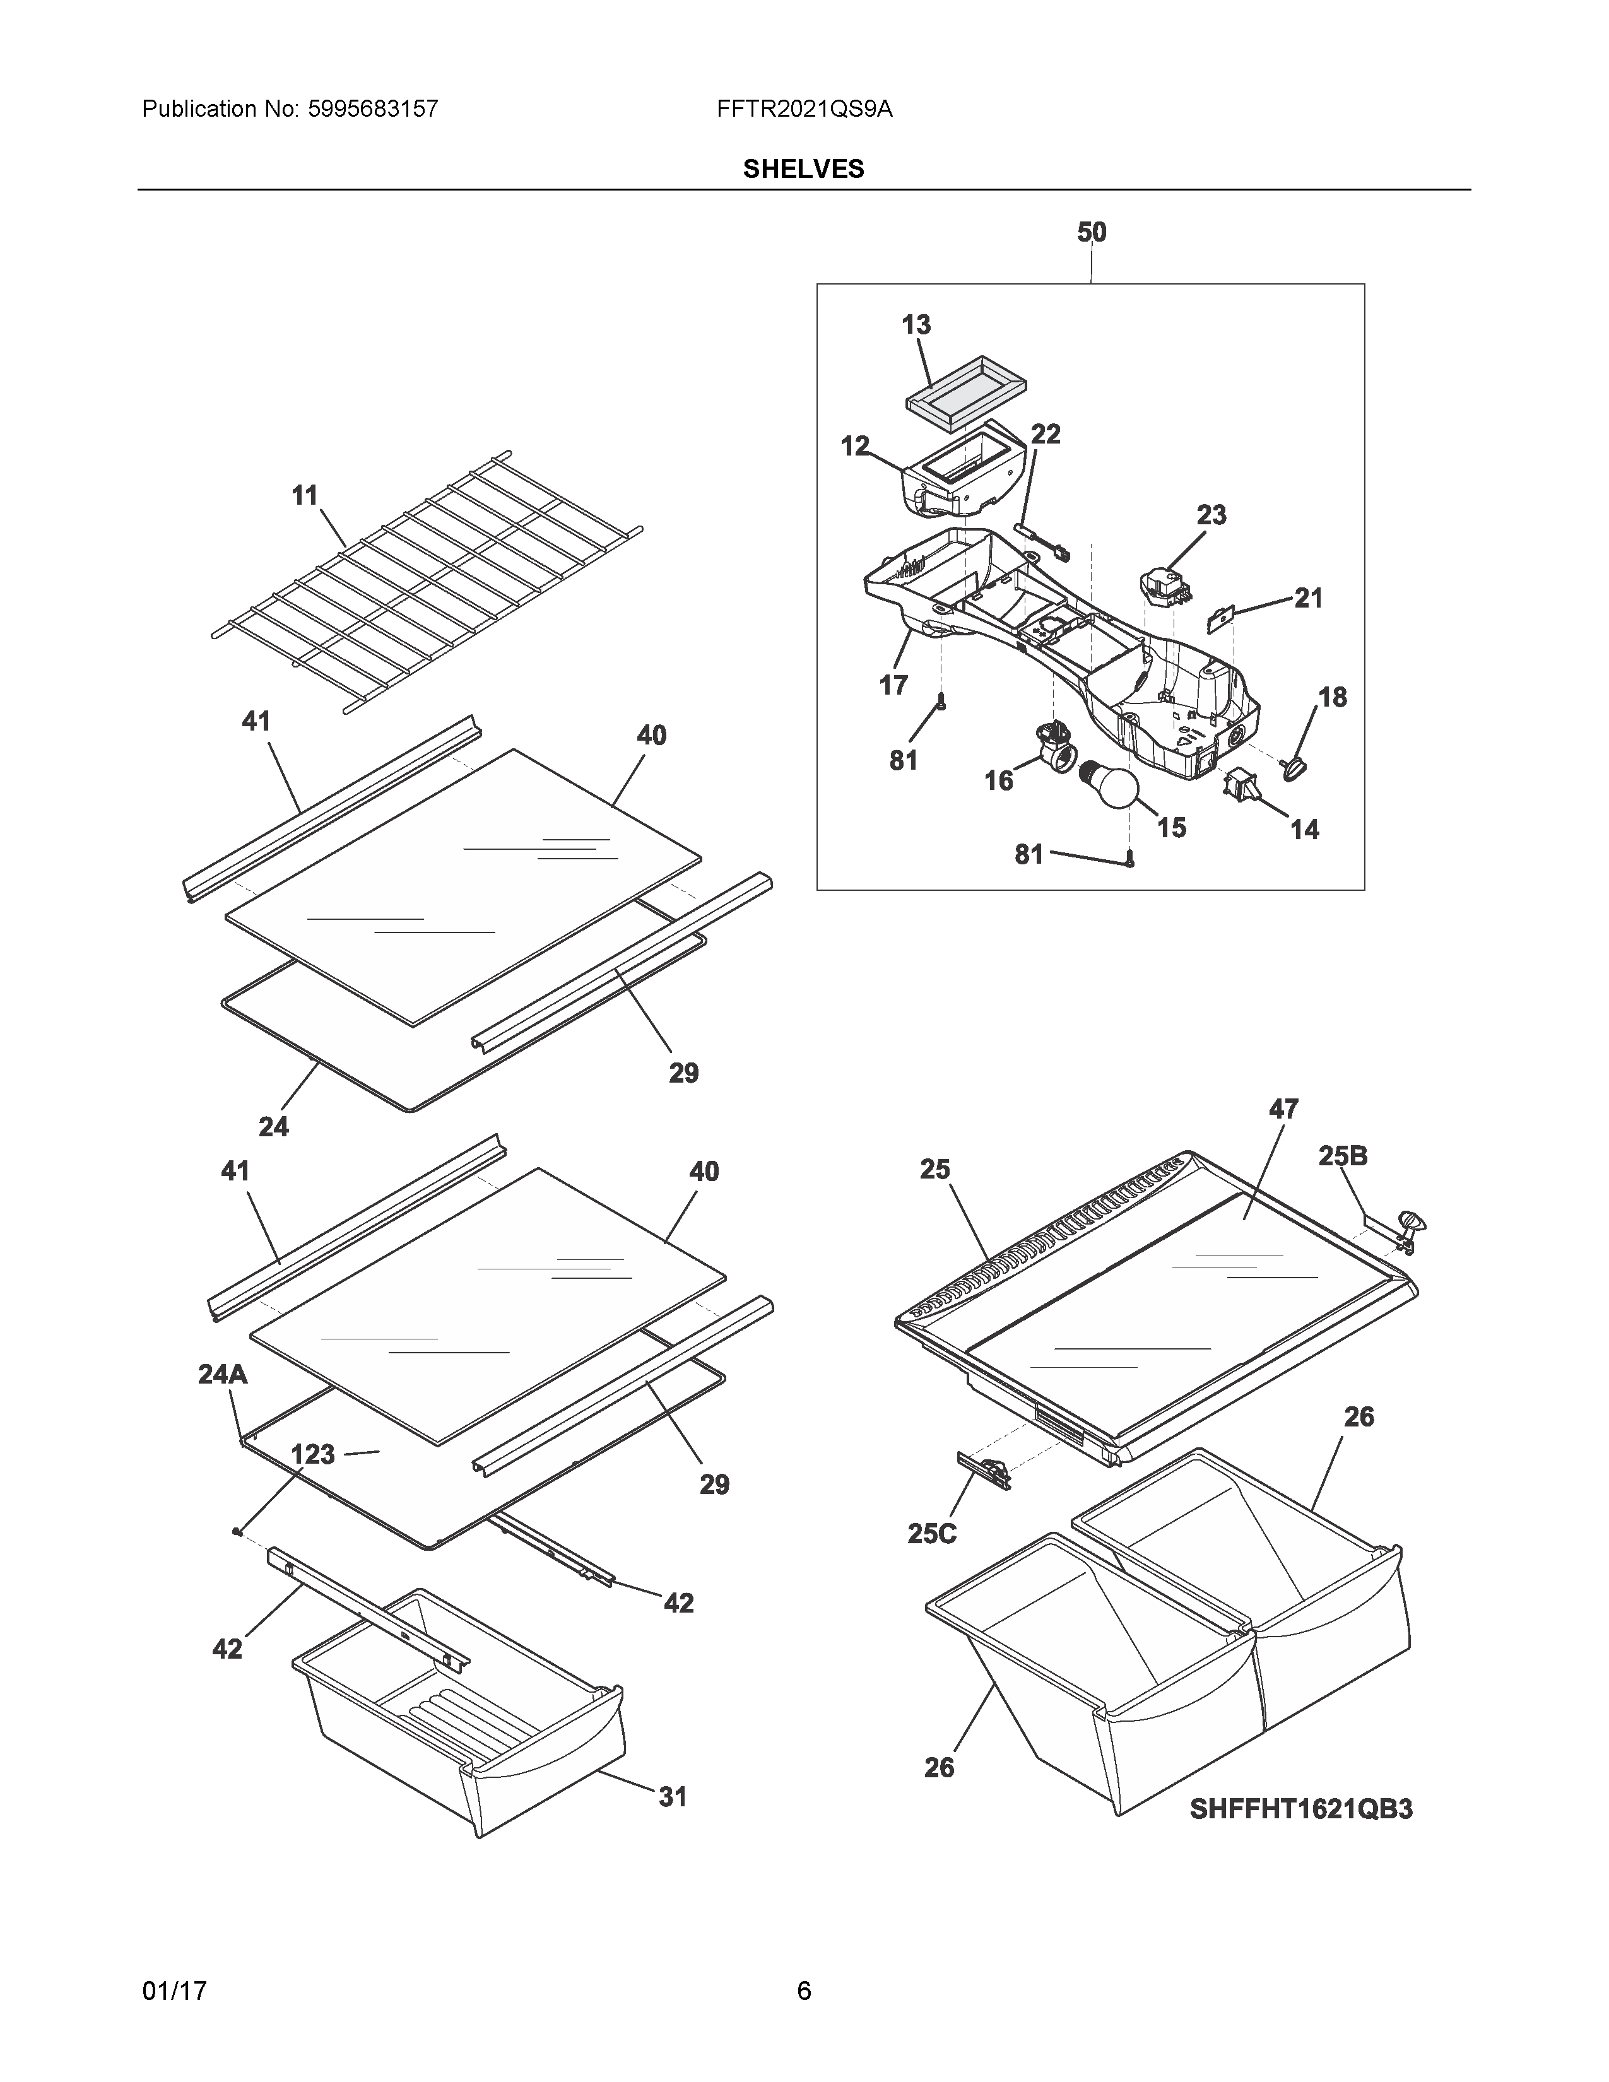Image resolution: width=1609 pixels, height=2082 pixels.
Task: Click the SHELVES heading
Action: click(x=803, y=168)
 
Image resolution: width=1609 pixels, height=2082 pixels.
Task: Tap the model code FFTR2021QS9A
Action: click(x=804, y=109)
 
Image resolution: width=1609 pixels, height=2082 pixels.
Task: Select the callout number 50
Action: click(x=1092, y=232)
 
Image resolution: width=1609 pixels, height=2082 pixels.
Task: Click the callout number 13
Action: click(x=916, y=325)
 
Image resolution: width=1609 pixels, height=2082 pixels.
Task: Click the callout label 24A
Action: click(x=222, y=1373)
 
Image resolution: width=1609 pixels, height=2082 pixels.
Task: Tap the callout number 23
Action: click(x=1211, y=515)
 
